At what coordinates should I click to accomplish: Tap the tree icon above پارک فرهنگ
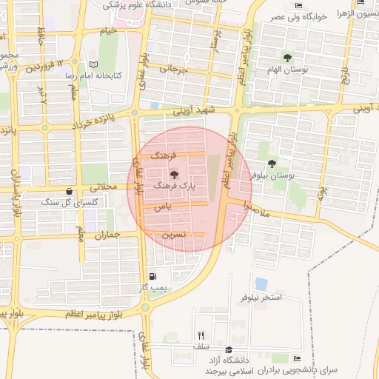(x=174, y=175)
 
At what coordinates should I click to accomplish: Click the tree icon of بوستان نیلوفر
(x=272, y=164)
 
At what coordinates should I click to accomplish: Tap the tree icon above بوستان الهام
(x=287, y=57)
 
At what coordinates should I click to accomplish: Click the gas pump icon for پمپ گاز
(x=152, y=277)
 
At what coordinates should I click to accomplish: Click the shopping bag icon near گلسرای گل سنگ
(x=69, y=191)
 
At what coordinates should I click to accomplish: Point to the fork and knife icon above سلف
(x=201, y=335)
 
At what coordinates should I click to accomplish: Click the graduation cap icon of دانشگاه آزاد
(x=229, y=349)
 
